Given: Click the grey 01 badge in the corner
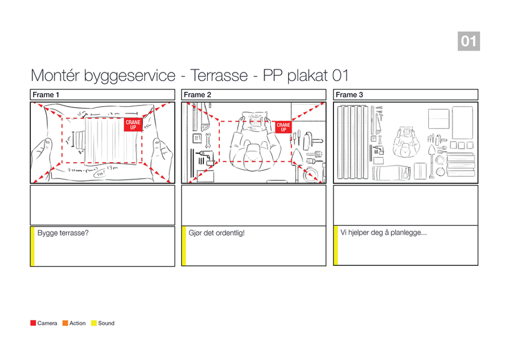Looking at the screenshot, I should pyautogui.click(x=468, y=41).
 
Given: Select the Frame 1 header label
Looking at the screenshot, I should pyautogui.click(x=46, y=95).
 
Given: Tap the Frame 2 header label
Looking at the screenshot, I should pyautogui.click(x=198, y=95).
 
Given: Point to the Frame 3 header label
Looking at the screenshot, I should pyautogui.click(x=349, y=95).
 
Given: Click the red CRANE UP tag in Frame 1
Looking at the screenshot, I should pyautogui.click(x=133, y=125).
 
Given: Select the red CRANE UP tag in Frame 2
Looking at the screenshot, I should pyautogui.click(x=284, y=127).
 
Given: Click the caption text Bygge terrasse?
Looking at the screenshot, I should pyautogui.click(x=63, y=233).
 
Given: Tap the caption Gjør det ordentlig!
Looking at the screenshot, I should pyautogui.click(x=216, y=233).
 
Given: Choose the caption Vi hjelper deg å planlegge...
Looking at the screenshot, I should pyautogui.click(x=384, y=233).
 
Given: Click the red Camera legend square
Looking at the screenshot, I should pyautogui.click(x=33, y=323).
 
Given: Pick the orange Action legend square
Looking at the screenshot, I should pyautogui.click(x=65, y=323).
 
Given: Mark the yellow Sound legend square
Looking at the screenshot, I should pyautogui.click(x=94, y=323).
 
